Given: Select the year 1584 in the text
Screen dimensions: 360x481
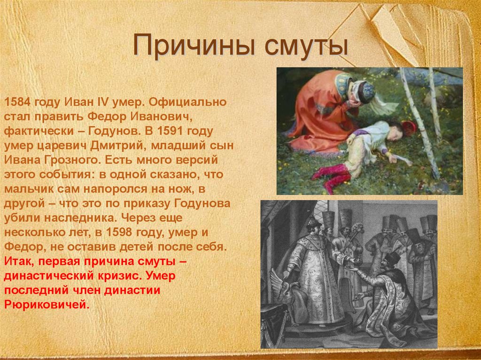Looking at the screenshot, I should [17, 101].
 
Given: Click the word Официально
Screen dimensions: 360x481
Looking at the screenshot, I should [191, 101].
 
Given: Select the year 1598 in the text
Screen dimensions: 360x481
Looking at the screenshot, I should [123, 233].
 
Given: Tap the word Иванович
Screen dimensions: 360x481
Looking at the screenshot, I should [166, 115].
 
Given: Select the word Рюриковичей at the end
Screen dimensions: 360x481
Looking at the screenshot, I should [47, 305].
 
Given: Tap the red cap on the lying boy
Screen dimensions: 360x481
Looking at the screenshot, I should [408, 128].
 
